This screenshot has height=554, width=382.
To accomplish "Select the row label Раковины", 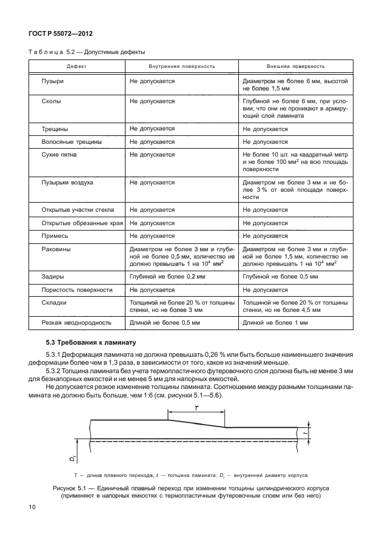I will click(x=56, y=249).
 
